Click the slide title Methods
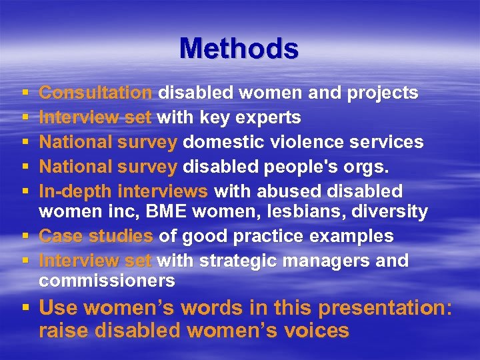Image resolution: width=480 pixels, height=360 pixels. point(239,49)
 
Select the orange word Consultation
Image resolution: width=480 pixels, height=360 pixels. point(96,93)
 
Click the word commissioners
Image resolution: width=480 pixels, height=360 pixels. point(107,281)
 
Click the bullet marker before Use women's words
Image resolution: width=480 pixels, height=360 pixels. point(24,309)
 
